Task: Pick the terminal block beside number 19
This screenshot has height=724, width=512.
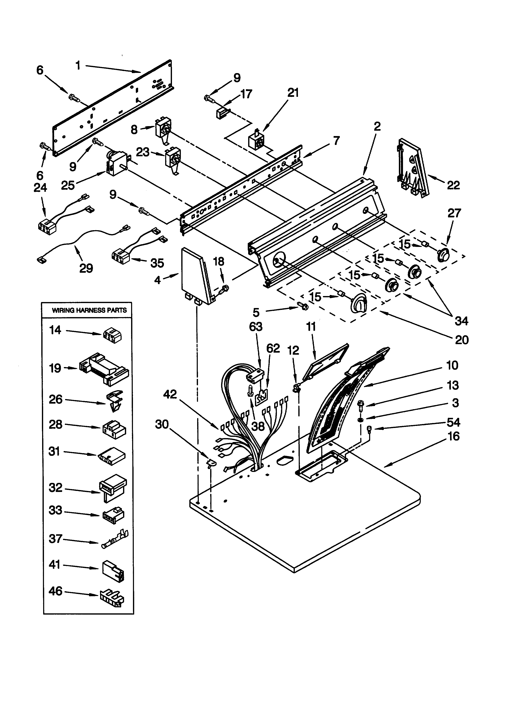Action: (104, 369)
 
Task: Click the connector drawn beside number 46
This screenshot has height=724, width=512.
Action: (112, 598)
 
